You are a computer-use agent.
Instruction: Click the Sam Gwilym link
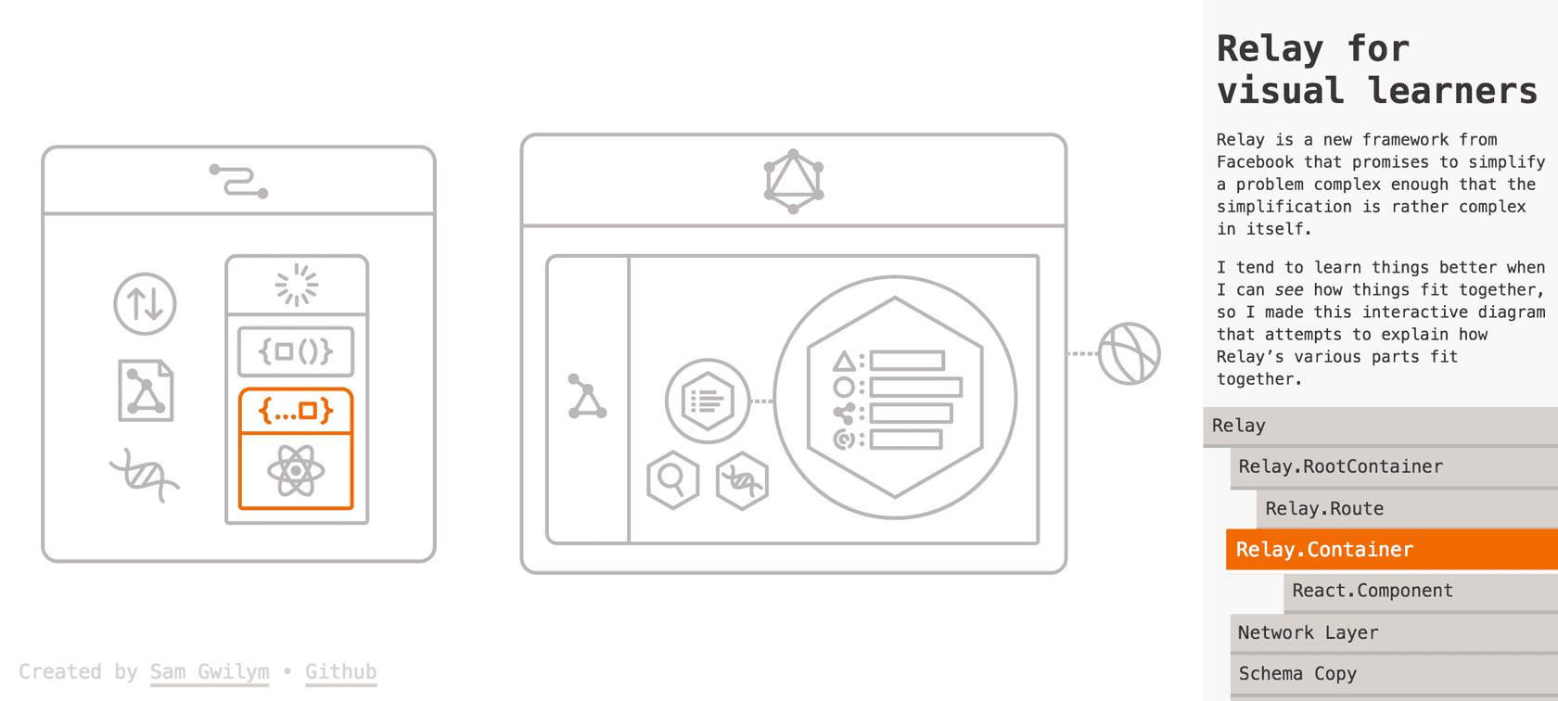(210, 672)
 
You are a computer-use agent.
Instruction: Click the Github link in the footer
(340, 672)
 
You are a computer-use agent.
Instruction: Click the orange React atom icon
(296, 471)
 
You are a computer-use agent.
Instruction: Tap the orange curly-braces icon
(296, 411)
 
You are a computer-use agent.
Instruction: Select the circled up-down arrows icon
(145, 303)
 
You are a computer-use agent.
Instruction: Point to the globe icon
(1129, 353)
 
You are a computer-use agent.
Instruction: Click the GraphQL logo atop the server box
(793, 181)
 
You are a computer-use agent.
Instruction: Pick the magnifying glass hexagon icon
(672, 479)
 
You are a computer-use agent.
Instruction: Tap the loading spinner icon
(297, 285)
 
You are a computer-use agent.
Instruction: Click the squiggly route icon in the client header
(238, 181)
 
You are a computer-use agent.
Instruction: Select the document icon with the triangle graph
(146, 390)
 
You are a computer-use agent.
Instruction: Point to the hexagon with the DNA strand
(742, 480)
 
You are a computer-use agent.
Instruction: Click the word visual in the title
(1280, 91)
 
